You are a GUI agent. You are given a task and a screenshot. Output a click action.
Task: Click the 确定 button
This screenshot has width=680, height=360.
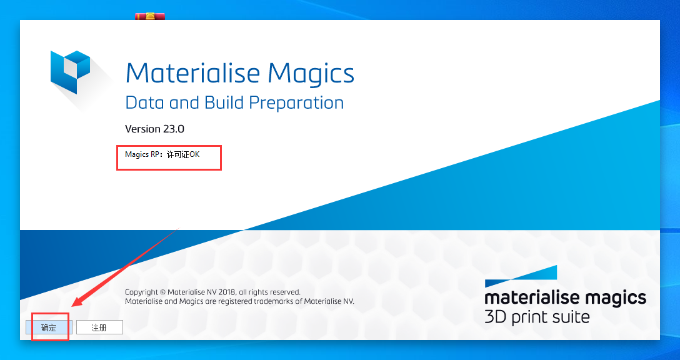click(x=48, y=327)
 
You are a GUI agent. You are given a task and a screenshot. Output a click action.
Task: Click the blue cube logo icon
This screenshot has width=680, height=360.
click(x=69, y=72)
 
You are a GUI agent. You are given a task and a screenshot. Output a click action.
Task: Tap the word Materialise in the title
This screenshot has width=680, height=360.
click(x=192, y=73)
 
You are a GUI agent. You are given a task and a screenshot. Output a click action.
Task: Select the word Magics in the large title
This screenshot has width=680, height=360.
click(x=311, y=74)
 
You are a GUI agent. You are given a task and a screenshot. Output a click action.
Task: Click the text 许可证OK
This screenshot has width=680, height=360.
click(x=183, y=154)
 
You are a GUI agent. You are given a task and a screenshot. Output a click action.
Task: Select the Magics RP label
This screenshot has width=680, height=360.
click(x=143, y=154)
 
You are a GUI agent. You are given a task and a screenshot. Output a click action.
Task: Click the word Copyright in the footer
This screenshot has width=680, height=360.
click(x=142, y=292)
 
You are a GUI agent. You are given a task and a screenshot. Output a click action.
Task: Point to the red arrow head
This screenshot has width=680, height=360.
click(x=76, y=302)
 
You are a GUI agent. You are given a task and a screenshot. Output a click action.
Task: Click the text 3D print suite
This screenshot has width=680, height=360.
click(x=537, y=317)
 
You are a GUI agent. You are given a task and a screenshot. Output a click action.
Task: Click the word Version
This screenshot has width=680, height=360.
click(x=142, y=129)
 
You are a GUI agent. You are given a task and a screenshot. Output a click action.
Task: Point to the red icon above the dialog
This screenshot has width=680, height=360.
click(x=149, y=16)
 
